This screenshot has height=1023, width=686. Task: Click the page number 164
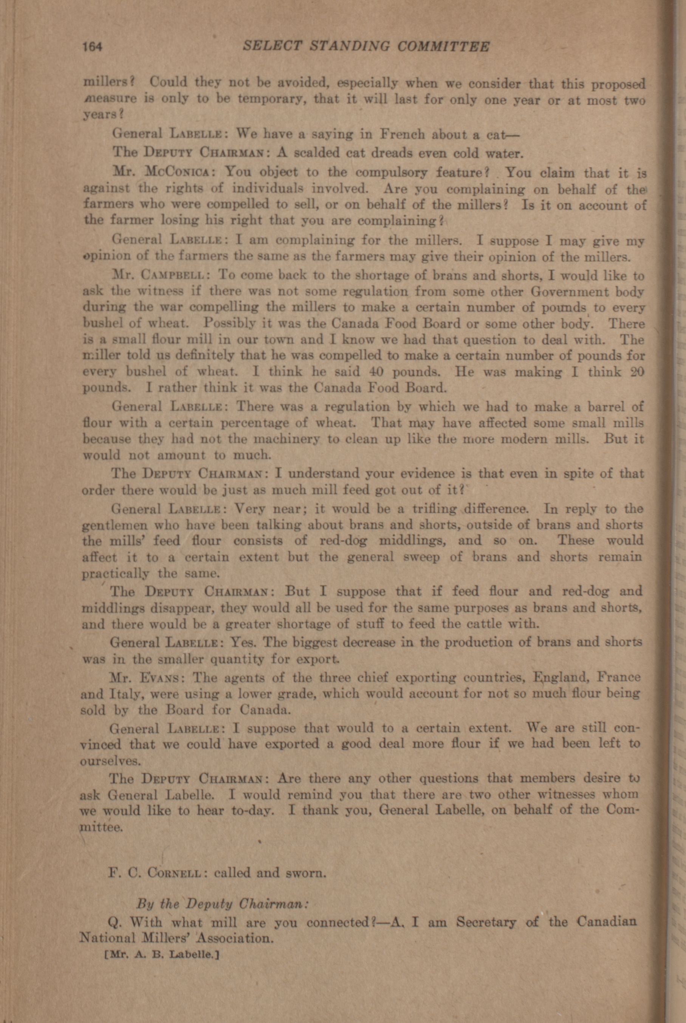[92, 47]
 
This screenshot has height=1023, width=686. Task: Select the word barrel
[606, 406]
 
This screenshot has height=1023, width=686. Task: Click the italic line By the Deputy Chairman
[223, 904]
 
